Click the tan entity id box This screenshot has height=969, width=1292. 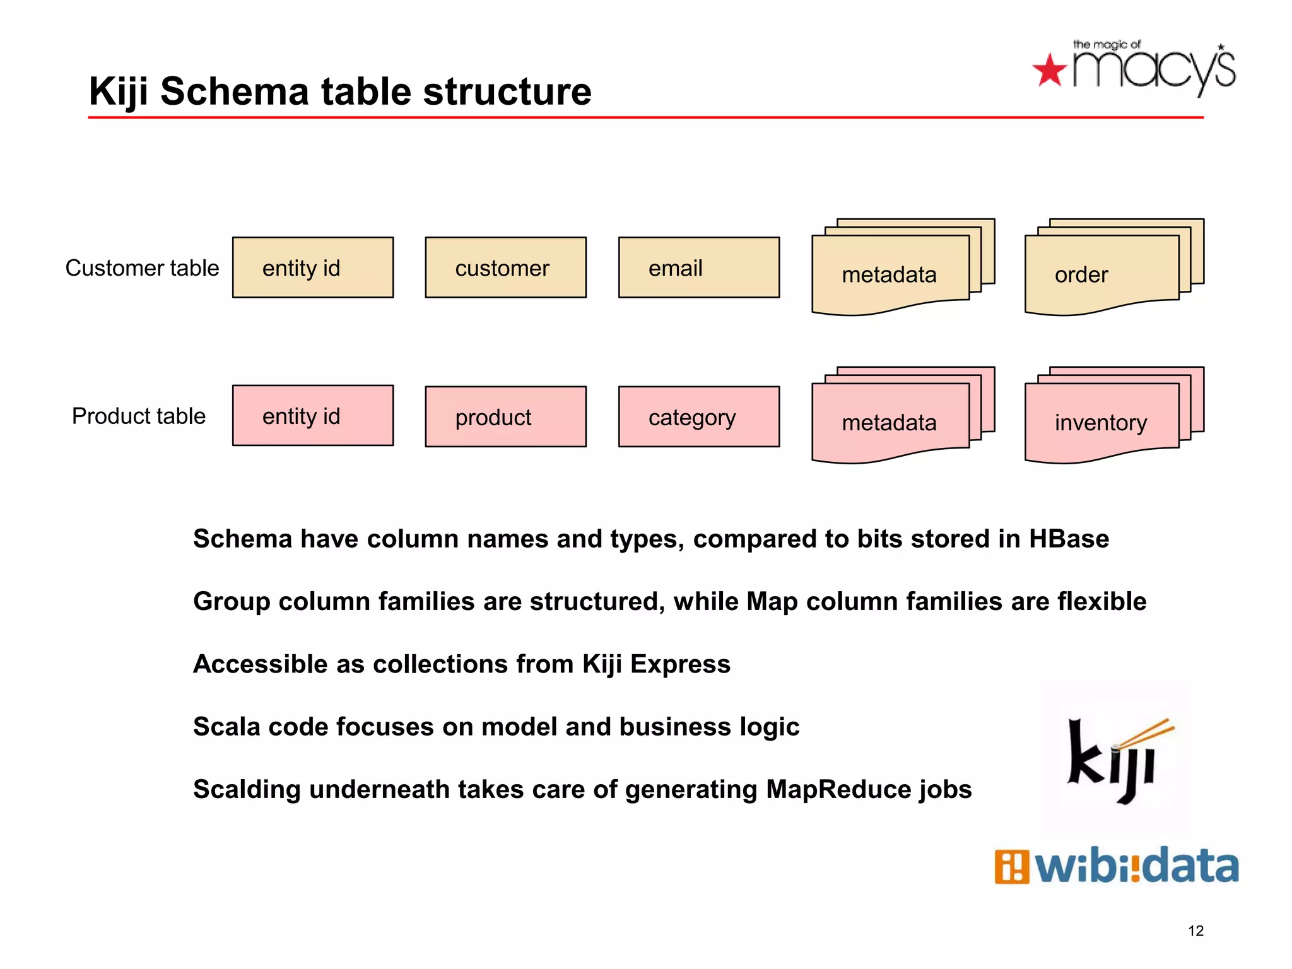pos(313,267)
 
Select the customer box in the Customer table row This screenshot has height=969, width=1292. pos(505,267)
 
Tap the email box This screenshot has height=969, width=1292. pos(698,267)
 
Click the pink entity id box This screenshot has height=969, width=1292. pos(313,416)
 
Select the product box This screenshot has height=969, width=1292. pos(505,417)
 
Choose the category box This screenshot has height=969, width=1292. pos(698,417)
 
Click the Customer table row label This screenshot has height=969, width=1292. pos(142,268)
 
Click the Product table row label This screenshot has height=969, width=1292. pos(139,416)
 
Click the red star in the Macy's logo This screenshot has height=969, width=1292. pos(1050,70)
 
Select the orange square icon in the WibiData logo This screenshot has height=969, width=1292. pos(1011,867)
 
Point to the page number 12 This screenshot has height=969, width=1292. pos(1195,931)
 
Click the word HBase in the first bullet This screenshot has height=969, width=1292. pos(1069,539)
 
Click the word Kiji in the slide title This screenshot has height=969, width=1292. pos(119,91)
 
